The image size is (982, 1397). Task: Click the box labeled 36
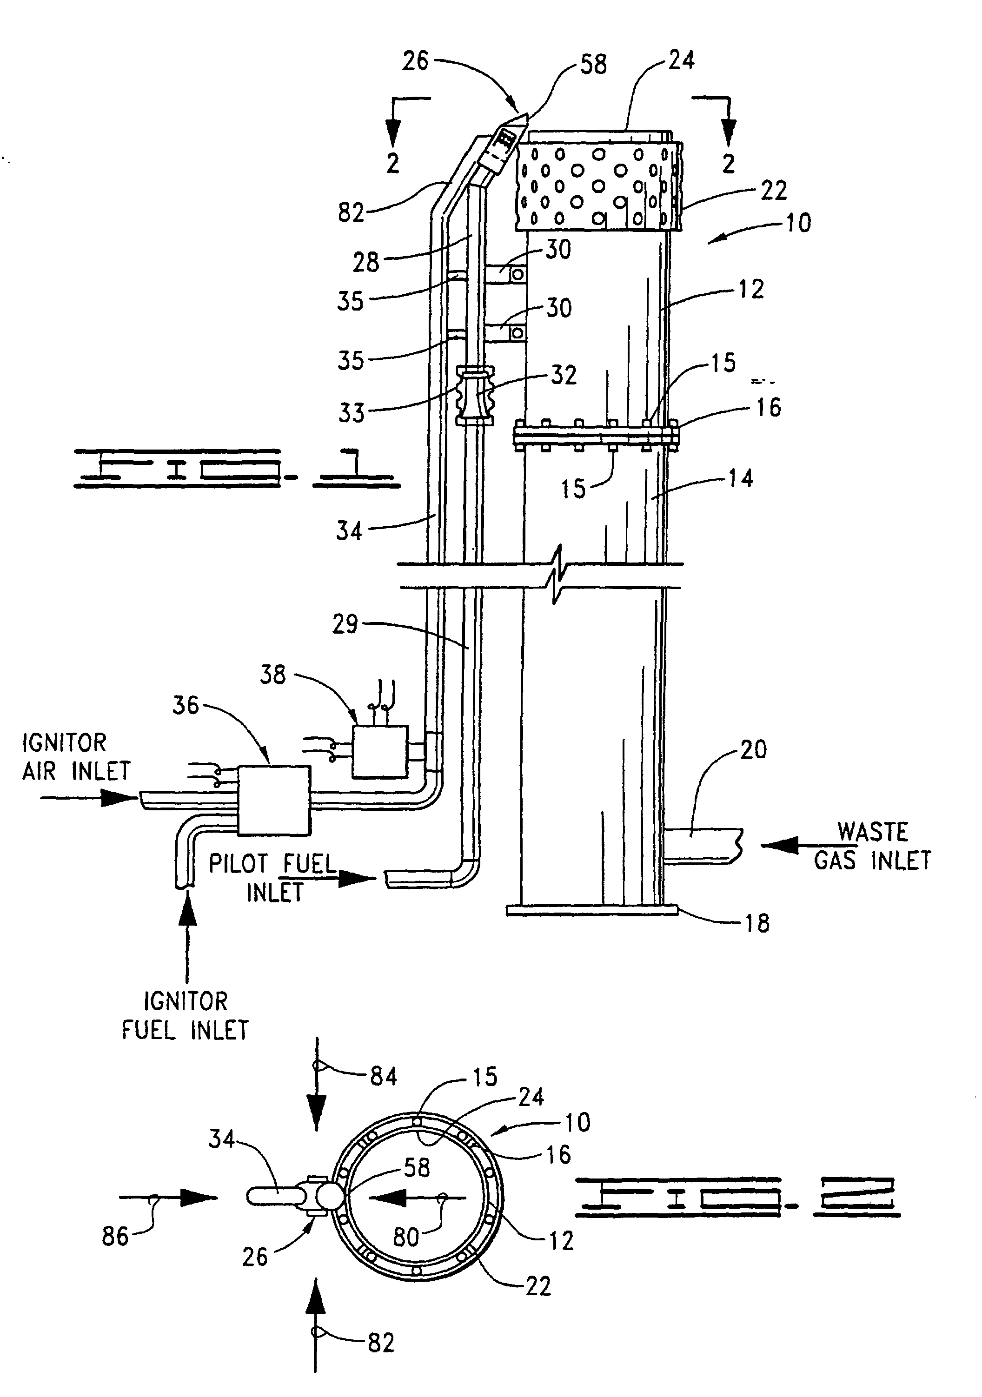(x=273, y=800)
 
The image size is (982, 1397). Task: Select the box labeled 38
(x=380, y=751)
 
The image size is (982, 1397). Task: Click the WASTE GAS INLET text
(x=872, y=847)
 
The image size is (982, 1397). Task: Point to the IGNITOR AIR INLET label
(x=76, y=757)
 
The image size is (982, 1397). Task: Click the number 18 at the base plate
(x=757, y=924)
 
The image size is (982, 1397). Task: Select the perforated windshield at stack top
(x=596, y=185)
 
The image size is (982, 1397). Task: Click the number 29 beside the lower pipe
(x=345, y=624)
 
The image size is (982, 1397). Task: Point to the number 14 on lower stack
(x=740, y=479)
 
